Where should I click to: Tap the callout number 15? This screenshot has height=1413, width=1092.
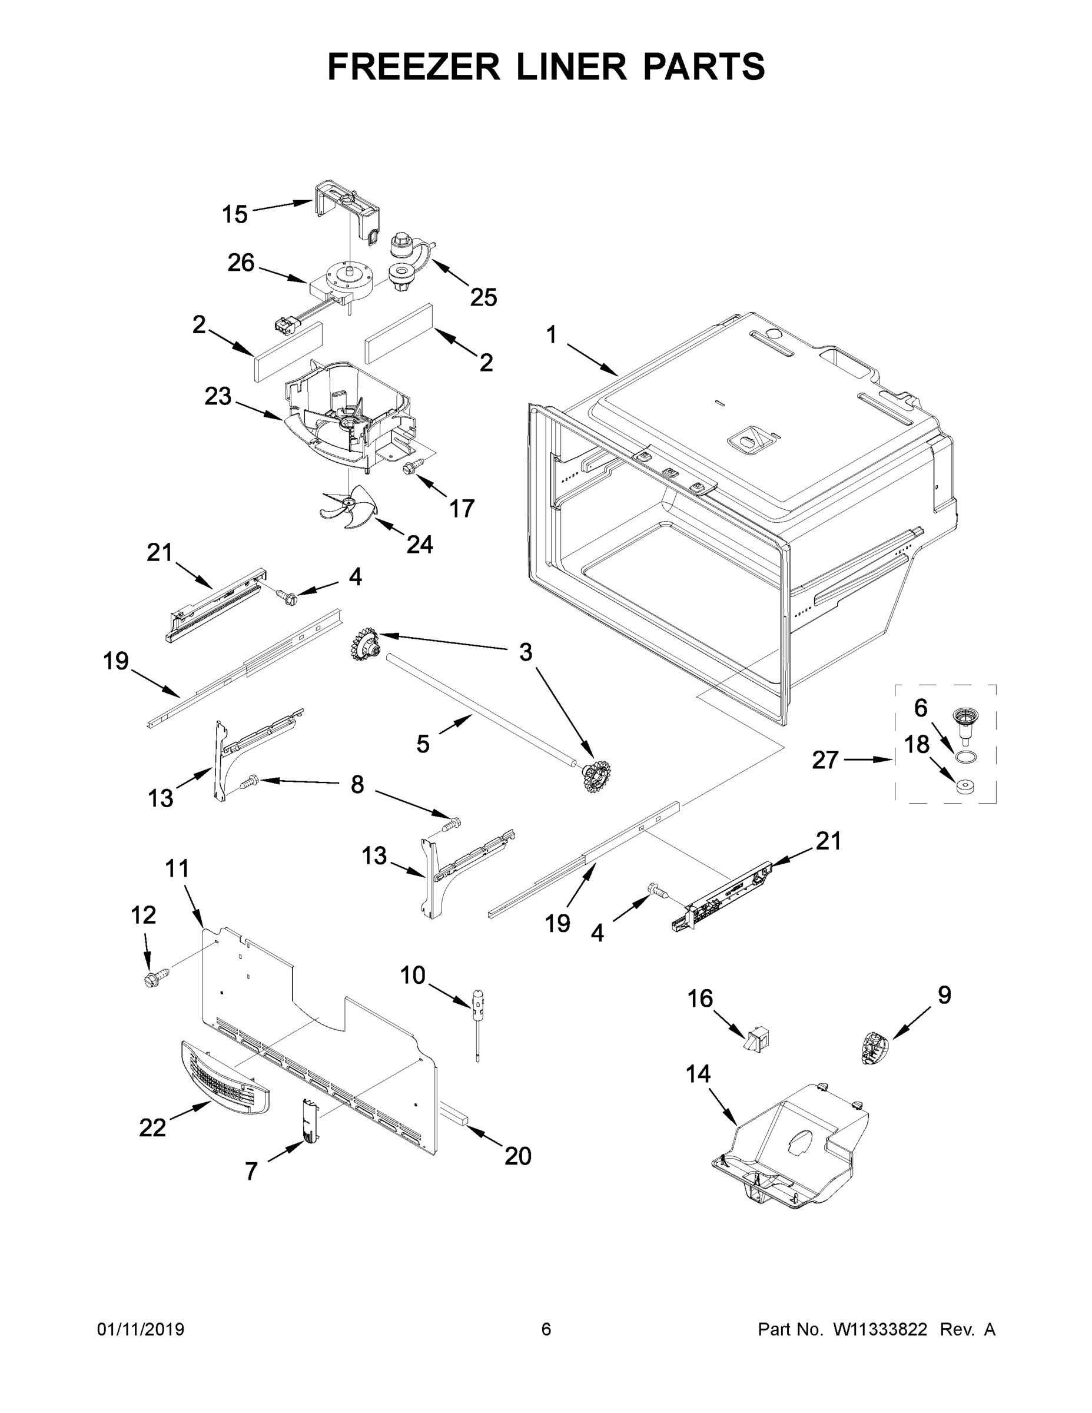click(234, 214)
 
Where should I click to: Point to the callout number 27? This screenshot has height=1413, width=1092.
click(825, 759)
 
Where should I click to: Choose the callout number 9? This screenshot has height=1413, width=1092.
click(944, 995)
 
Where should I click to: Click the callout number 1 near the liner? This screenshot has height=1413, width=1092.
click(550, 335)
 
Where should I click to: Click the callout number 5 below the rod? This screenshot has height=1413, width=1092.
click(423, 744)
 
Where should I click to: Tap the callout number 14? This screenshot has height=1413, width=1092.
click(698, 1074)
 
